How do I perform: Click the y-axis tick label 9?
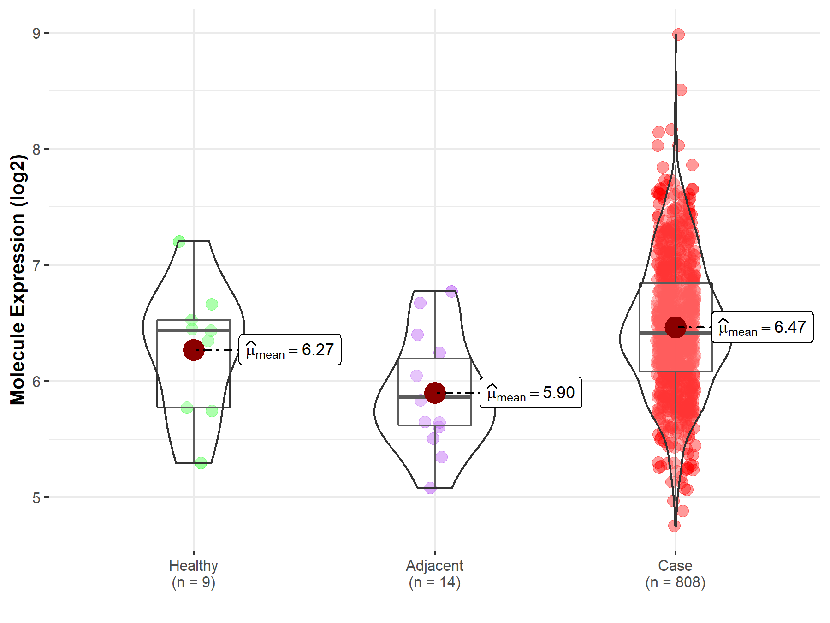36,33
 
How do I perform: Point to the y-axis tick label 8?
36,149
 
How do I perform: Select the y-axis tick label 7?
36,265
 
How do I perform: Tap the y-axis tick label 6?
36,382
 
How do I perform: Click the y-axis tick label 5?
36,498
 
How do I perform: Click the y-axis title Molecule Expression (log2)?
18,279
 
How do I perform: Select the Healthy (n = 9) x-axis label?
193,574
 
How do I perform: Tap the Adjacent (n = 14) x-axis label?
434,574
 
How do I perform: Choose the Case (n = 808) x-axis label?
675,574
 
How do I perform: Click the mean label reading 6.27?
290,350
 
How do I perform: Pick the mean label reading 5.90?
531,393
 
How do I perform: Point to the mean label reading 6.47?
762,327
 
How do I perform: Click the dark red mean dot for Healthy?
194,350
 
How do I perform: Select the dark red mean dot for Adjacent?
434,393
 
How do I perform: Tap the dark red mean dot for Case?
676,327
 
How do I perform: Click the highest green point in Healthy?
179,241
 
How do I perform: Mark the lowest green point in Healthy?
201,463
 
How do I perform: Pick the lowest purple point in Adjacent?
430,488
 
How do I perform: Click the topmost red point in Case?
678,35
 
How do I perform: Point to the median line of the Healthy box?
194,330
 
